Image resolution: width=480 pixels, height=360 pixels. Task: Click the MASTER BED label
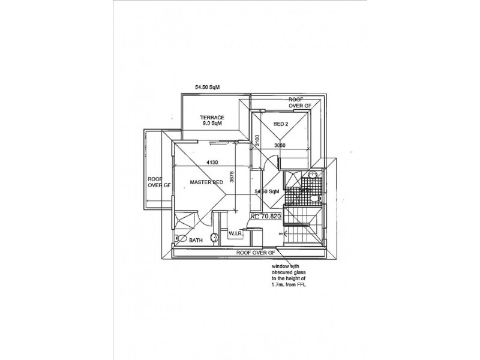(207, 182)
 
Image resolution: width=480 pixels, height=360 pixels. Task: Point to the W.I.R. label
(235, 232)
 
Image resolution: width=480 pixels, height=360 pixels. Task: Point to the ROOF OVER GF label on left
(160, 182)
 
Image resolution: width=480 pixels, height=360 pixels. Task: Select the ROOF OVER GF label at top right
(299, 102)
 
